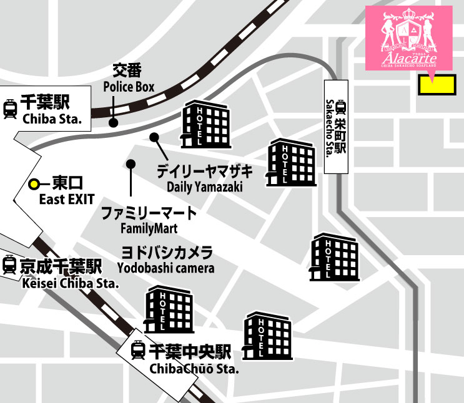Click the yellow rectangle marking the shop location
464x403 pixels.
[x=436, y=85]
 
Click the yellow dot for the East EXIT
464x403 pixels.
[x=35, y=184]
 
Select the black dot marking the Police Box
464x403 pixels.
[x=113, y=123]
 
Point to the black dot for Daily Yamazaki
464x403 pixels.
[x=154, y=137]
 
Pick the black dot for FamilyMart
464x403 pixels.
[x=131, y=164]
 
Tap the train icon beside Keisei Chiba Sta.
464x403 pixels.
[x=9, y=266]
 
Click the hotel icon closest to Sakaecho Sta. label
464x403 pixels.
[x=292, y=163]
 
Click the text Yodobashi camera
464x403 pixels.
[x=165, y=268]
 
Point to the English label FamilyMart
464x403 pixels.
[x=149, y=228]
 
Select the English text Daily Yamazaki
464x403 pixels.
[x=204, y=187]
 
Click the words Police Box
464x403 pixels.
[x=129, y=87]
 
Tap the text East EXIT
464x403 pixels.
[x=67, y=199]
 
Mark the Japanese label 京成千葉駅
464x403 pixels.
[x=60, y=266]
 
